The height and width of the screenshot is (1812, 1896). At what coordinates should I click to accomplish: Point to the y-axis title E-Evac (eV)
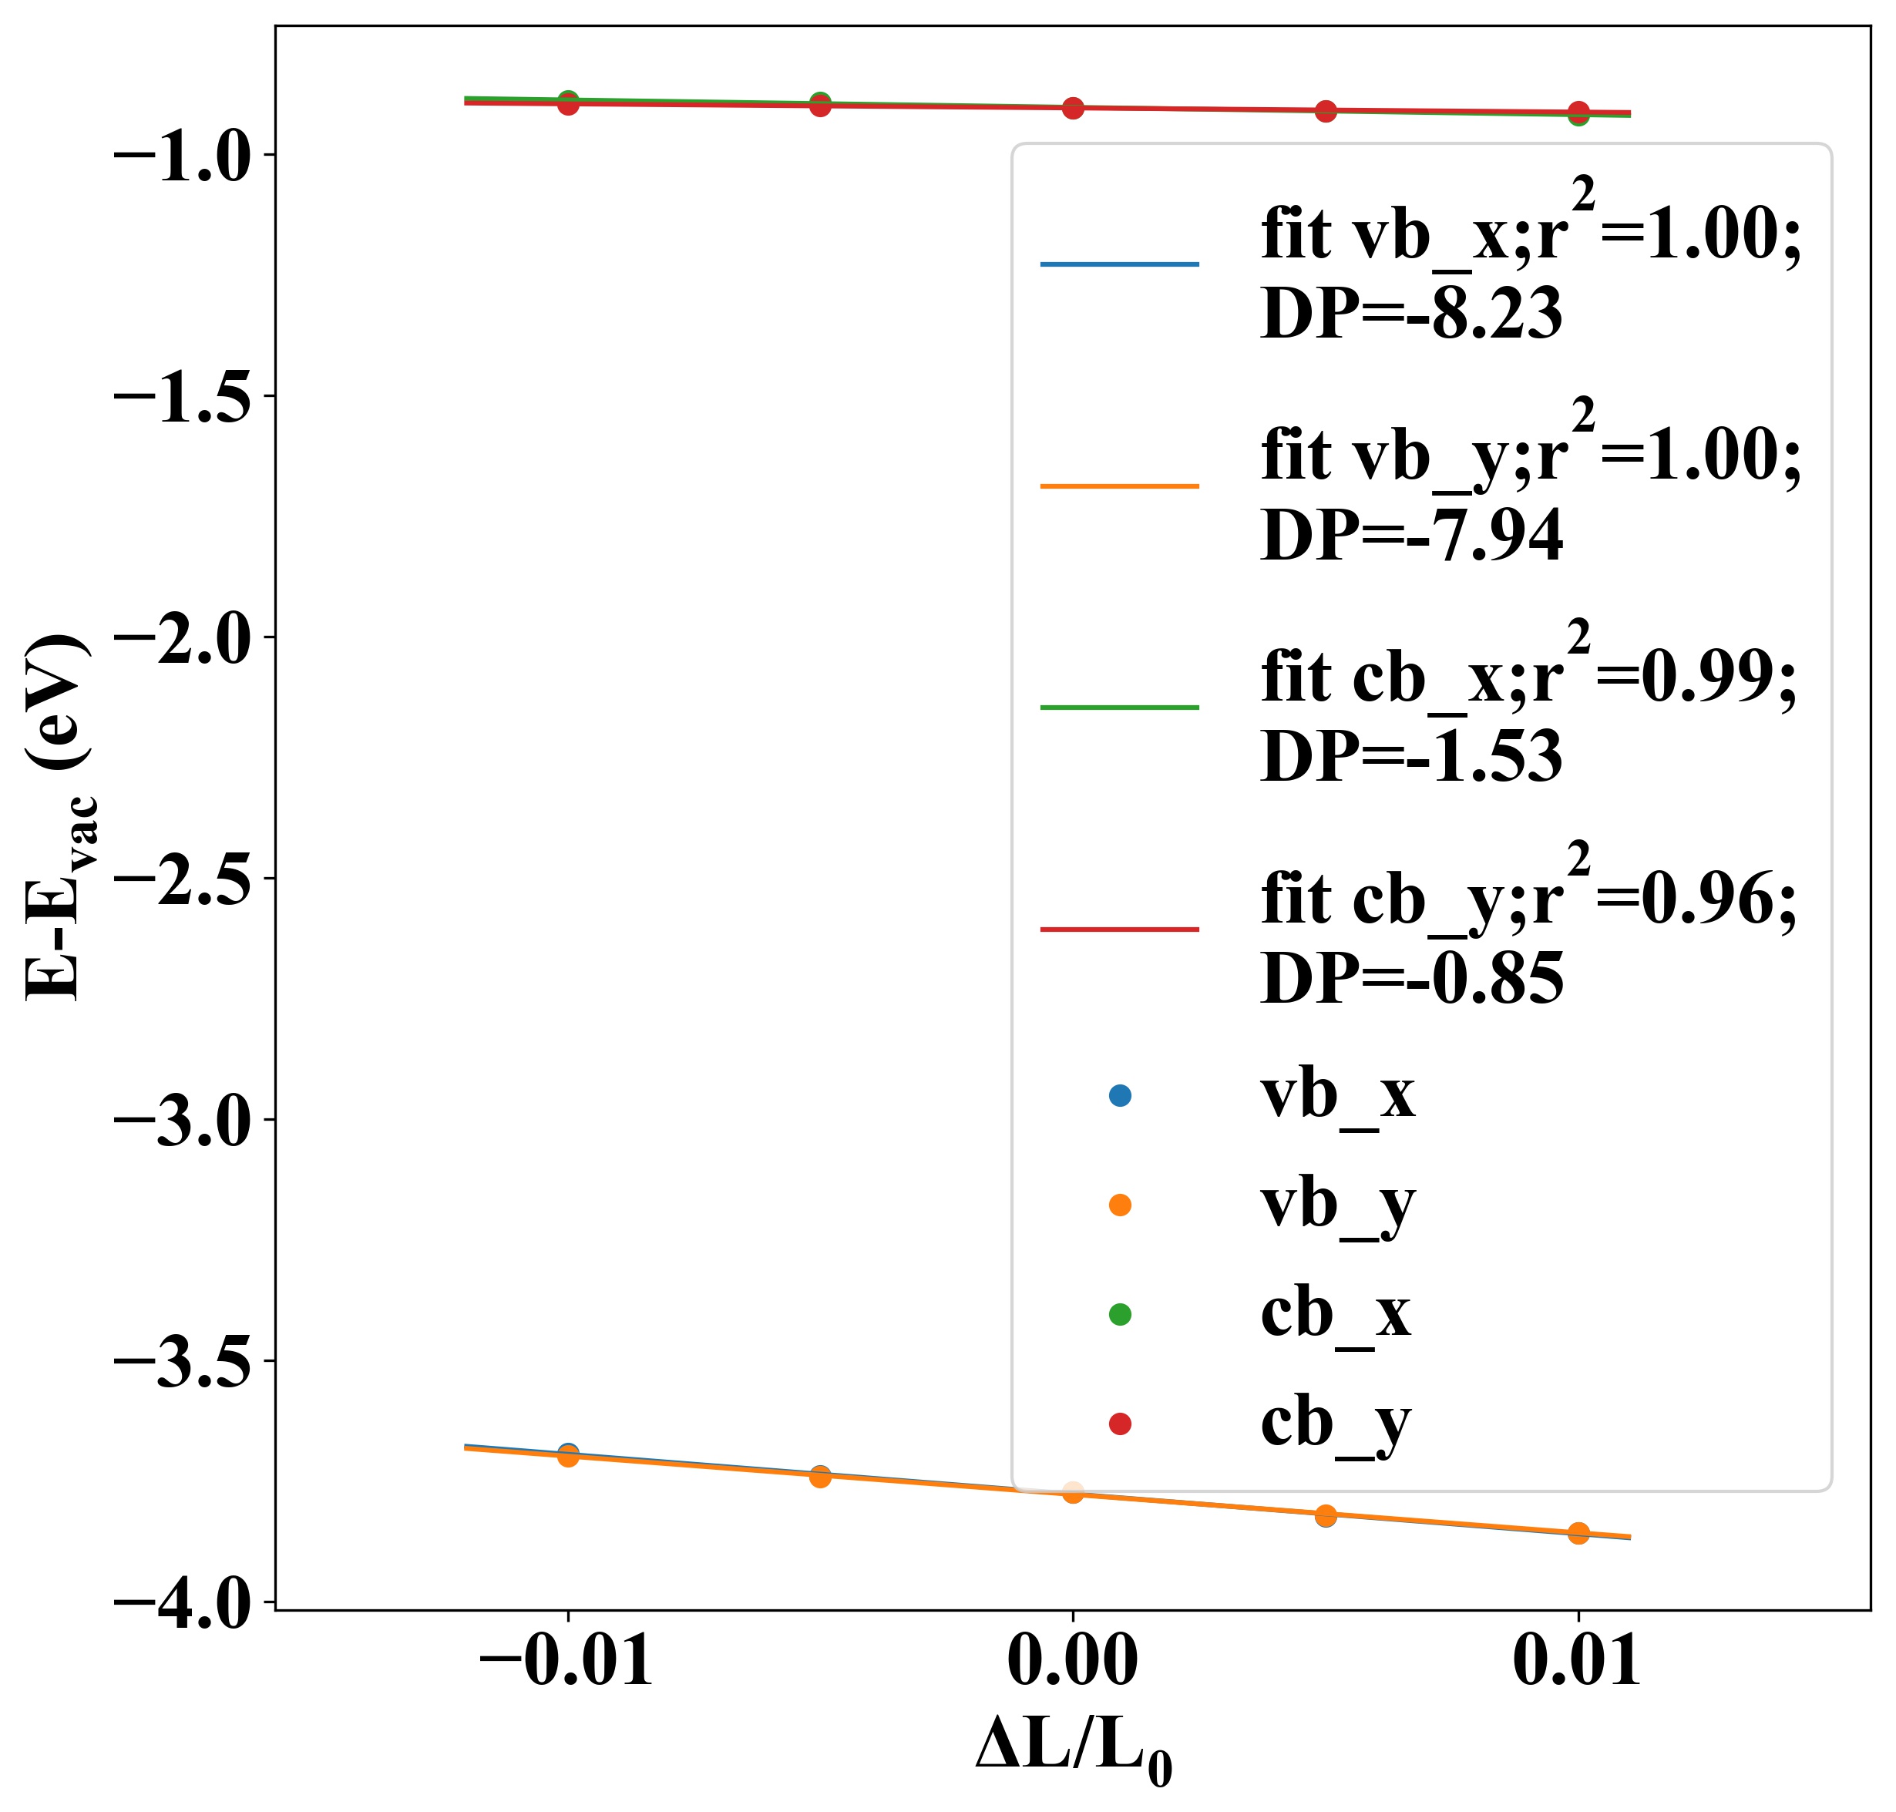click(58, 817)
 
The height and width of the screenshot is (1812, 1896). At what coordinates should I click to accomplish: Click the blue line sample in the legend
click(1118, 264)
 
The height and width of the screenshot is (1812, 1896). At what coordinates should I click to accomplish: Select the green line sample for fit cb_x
click(1118, 707)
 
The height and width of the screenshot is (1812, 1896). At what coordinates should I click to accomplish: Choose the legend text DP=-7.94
click(1411, 536)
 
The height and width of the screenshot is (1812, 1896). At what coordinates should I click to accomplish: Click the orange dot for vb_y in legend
click(1119, 1205)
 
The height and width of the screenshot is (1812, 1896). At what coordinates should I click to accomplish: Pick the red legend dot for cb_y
click(1119, 1424)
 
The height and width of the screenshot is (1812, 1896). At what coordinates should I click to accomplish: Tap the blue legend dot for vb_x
click(1119, 1095)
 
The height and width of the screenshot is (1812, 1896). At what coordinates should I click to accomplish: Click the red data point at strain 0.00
click(1072, 108)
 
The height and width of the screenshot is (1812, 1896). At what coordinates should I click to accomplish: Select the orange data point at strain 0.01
click(1578, 1533)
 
